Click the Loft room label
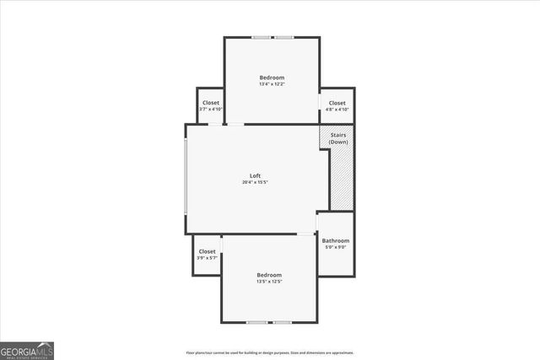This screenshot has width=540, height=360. [255, 175]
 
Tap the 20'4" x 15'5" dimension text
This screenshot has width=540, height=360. [255, 182]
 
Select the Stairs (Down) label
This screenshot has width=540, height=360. [338, 138]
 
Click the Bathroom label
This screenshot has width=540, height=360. [335, 241]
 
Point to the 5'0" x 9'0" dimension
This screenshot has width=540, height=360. [335, 248]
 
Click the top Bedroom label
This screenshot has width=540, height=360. [272, 78]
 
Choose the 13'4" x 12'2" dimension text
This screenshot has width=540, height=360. [272, 84]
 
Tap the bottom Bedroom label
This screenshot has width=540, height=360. [269, 275]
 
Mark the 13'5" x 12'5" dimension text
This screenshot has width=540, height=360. [269, 282]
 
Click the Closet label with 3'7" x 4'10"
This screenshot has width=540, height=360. [210, 103]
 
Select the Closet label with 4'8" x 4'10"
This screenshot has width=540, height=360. [337, 103]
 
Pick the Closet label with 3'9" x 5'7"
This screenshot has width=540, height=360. [207, 251]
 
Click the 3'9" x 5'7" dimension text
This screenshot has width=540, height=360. [207, 258]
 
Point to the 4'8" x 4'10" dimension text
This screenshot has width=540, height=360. [337, 110]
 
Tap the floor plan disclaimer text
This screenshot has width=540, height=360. [269, 352]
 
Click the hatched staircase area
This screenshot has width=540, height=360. [341, 181]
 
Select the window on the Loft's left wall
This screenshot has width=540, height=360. [186, 179]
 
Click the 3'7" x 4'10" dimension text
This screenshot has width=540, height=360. [210, 110]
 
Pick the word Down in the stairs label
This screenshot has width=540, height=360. [338, 142]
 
